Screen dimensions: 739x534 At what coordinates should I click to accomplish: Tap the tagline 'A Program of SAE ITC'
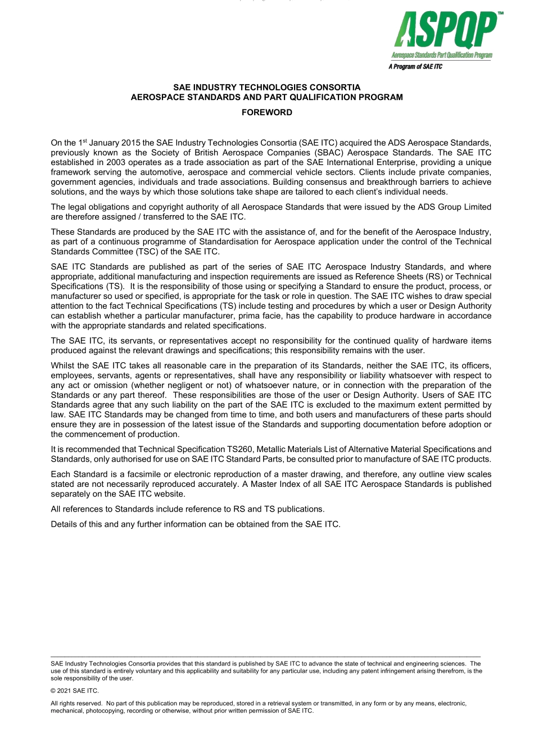pyautogui.click(x=415, y=67)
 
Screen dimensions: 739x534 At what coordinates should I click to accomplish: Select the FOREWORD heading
pyautogui.click(x=267, y=112)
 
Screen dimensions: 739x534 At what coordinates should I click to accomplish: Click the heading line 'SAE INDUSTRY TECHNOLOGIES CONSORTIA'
pyautogui.click(x=267, y=88)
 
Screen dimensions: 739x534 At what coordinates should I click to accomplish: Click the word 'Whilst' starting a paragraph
pyautogui.click(x=62, y=366)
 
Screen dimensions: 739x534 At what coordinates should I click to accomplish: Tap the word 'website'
pyautogui.click(x=169, y=494)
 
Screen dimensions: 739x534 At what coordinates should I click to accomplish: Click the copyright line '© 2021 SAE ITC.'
pyautogui.click(x=74, y=691)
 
